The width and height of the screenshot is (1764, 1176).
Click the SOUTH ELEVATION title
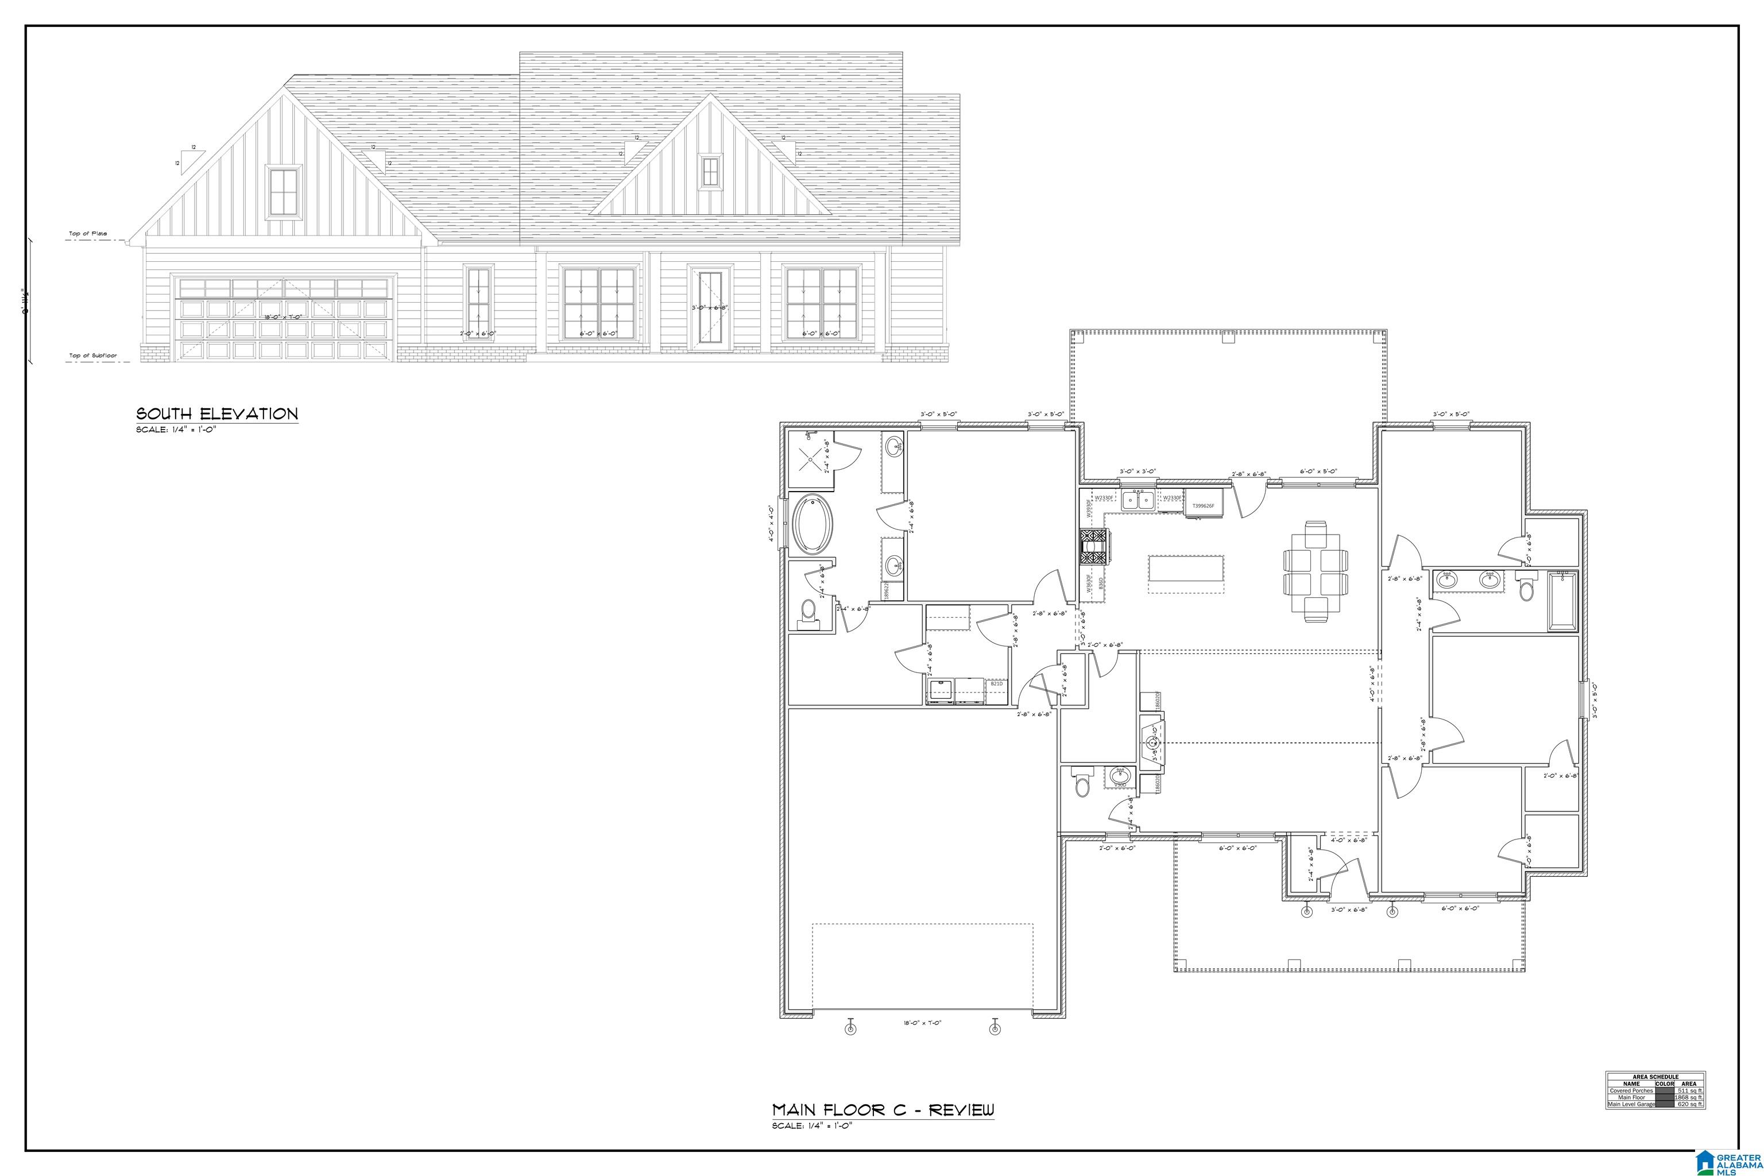coord(216,413)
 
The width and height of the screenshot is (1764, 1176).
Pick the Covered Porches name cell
coord(1631,1090)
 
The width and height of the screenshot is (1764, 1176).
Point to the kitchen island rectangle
coord(1186,574)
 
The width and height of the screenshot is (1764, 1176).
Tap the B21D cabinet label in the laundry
coord(996,684)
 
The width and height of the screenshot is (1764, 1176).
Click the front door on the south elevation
coord(710,308)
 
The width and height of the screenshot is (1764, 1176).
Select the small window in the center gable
coord(710,172)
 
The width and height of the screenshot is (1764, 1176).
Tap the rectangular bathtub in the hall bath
coord(1563,600)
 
